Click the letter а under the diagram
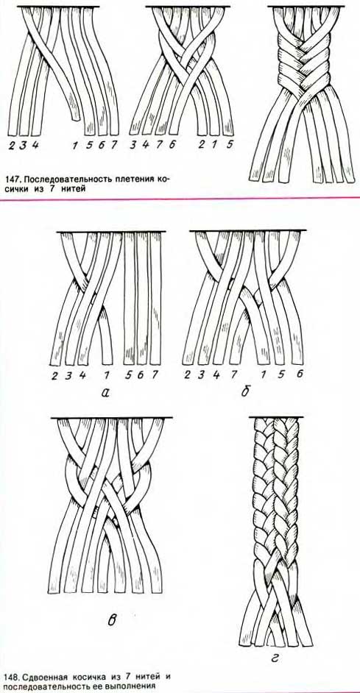click(x=105, y=391)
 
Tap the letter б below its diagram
click(x=244, y=391)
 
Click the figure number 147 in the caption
click(x=12, y=180)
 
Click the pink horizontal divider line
click(x=180, y=199)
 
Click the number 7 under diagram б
click(x=233, y=374)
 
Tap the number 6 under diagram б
click(x=300, y=374)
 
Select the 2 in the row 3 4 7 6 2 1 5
click(x=201, y=144)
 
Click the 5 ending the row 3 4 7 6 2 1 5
click(x=230, y=143)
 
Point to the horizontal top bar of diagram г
click(x=276, y=417)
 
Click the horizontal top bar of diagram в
click(x=111, y=418)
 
